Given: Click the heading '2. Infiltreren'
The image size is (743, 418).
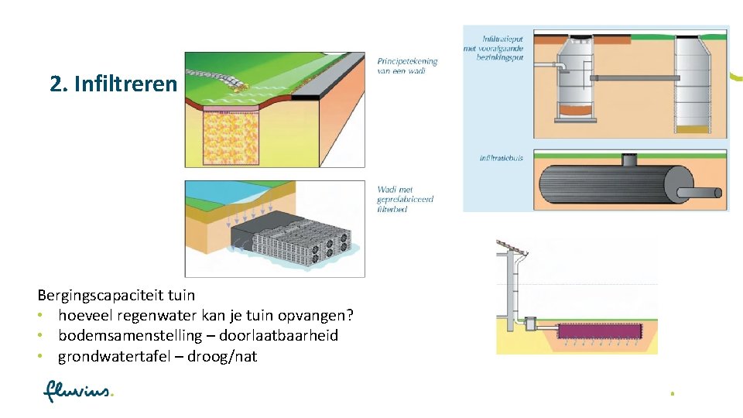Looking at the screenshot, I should coord(113,84).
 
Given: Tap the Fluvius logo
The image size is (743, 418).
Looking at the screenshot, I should coord(78,392).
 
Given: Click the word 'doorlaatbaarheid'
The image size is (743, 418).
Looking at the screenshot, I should coord(279,336).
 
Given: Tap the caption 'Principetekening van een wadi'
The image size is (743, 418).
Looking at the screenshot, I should coord(407,66).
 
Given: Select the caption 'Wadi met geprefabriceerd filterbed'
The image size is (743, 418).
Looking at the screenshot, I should coord(405,199).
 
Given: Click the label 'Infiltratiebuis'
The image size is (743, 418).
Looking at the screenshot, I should coord(502,158).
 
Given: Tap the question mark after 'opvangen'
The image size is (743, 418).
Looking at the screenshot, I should coord(349,315).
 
